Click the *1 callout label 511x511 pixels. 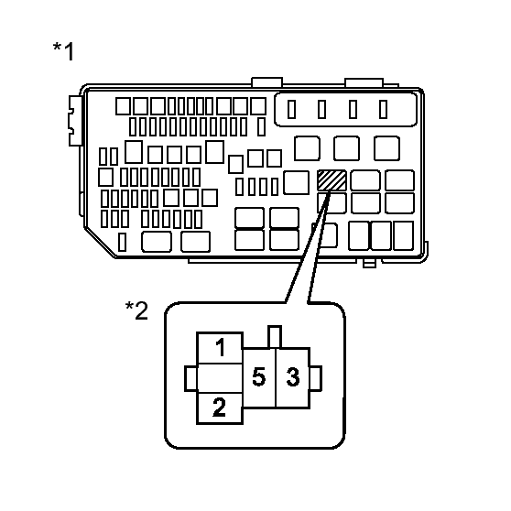click(x=63, y=51)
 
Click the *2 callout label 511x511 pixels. click(x=136, y=310)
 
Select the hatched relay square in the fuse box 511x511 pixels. click(x=332, y=180)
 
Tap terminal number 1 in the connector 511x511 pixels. click(x=220, y=348)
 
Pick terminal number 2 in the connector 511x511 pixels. click(x=220, y=408)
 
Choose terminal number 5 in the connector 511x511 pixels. click(x=259, y=377)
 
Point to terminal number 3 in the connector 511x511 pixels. click(x=293, y=377)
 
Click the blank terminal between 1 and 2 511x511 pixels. click(x=220, y=378)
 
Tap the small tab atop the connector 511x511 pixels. click(x=275, y=337)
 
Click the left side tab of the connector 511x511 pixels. click(x=191, y=378)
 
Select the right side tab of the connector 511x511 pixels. click(x=315, y=378)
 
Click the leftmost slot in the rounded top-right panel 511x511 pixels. click(x=292, y=109)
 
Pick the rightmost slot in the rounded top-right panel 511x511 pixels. click(x=383, y=109)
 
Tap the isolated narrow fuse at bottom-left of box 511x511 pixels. click(x=122, y=242)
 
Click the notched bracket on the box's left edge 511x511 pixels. click(x=74, y=121)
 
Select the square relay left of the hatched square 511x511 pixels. click(x=296, y=182)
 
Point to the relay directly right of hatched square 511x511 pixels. click(x=365, y=179)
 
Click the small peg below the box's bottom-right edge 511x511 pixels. click(x=369, y=264)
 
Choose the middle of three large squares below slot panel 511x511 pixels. click(x=346, y=148)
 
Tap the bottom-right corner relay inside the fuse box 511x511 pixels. click(x=403, y=235)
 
